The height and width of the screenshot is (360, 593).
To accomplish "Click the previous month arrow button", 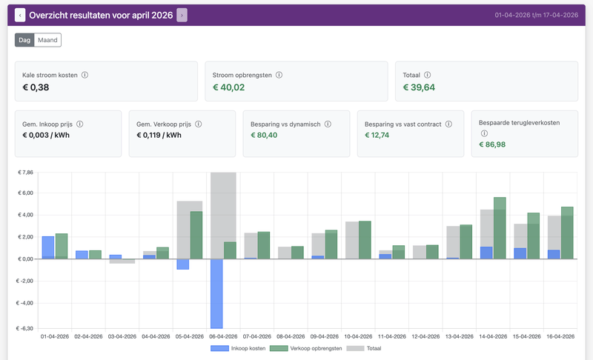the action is click(x=20, y=15).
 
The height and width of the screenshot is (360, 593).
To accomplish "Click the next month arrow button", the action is click(x=182, y=15).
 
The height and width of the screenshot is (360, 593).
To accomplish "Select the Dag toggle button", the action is click(x=24, y=40).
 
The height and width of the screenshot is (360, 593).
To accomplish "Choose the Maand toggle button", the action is click(x=47, y=40).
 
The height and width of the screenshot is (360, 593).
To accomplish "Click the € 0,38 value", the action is click(x=36, y=87).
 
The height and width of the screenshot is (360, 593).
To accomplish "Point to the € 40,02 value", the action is click(x=228, y=87).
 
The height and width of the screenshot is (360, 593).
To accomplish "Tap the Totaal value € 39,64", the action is click(x=419, y=87).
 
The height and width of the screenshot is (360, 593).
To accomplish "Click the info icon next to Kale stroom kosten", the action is click(x=85, y=75).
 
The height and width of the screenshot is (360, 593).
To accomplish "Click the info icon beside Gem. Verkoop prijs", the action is click(x=198, y=124).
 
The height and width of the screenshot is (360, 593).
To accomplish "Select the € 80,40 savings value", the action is click(x=264, y=136).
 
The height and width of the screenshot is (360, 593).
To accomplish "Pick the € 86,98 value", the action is click(x=492, y=144).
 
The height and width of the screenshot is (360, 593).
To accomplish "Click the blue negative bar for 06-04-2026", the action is click(x=216, y=293).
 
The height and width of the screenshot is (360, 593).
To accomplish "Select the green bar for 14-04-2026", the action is click(x=500, y=228).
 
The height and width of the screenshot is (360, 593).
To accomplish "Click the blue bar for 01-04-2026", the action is click(x=48, y=248).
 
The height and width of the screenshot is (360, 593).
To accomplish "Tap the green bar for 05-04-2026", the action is click(x=196, y=236).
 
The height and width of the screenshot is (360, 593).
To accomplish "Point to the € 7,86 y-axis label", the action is click(x=25, y=173).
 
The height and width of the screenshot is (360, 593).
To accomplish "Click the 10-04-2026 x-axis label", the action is click(x=358, y=336).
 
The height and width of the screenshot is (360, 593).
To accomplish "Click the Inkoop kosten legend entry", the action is click(x=238, y=348).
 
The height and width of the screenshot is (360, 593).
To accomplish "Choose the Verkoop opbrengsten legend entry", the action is click(x=306, y=348).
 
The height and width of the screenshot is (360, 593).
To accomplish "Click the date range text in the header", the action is click(x=536, y=15).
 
